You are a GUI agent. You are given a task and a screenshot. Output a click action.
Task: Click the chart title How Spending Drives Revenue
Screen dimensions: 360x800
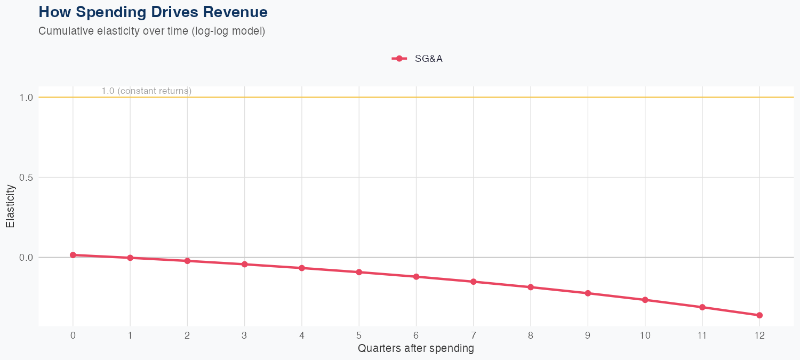(153, 12)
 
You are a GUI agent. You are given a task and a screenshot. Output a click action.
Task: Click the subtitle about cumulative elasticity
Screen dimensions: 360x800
(151, 31)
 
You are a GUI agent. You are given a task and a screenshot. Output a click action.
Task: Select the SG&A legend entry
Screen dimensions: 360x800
(418, 59)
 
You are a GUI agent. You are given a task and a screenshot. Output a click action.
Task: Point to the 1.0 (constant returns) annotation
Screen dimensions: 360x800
(146, 91)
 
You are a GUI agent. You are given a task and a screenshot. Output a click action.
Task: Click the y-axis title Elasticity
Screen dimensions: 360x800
(10, 206)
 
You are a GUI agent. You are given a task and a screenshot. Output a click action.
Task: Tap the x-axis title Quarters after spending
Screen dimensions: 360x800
(415, 349)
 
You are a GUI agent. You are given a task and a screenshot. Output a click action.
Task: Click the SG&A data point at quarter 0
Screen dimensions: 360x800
(73, 255)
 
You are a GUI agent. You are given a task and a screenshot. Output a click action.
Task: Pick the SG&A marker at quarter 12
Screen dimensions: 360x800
(759, 315)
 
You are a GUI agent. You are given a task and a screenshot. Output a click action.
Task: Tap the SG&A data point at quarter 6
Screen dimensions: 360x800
(416, 277)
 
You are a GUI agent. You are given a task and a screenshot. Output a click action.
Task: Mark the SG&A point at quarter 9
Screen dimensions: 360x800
(588, 293)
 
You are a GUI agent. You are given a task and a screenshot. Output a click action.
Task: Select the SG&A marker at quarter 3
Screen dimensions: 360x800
(244, 264)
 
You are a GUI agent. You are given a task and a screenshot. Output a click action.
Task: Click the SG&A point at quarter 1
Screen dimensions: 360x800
(130, 258)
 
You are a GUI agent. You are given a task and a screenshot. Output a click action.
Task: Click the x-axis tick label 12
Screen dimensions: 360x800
(759, 335)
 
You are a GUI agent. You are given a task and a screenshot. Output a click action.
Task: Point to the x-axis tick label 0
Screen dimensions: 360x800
(73, 335)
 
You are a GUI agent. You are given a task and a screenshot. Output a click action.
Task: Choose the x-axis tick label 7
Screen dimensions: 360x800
(473, 335)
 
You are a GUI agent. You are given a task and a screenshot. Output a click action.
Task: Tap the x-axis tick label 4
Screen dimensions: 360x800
(302, 335)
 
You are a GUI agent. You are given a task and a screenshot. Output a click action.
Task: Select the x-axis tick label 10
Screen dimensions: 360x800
(645, 335)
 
